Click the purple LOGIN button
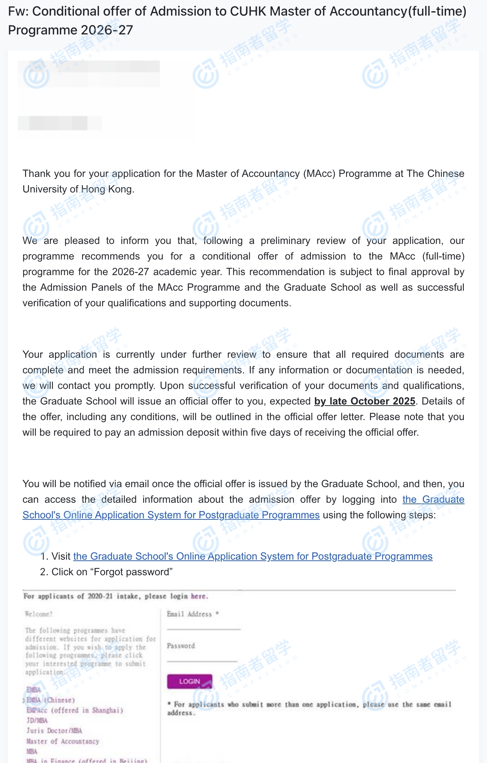(189, 681)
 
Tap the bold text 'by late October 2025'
(365, 401)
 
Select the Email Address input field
(203, 624)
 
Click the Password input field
(202, 656)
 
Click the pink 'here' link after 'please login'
(199, 596)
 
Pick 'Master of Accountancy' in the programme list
(62, 741)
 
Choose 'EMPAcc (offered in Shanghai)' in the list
(75, 710)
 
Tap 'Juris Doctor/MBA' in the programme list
(54, 730)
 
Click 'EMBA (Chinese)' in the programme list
(51, 700)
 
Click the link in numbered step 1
(253, 556)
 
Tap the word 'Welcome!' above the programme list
(39, 614)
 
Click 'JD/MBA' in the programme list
(37, 720)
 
